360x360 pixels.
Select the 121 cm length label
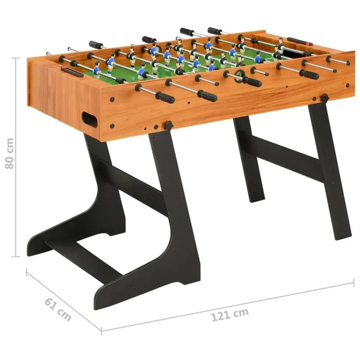[x=229, y=314]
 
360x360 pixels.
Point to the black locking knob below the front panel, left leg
[x=168, y=125]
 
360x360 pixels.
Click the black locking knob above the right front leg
[x=325, y=98]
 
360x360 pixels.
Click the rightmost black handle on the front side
[x=310, y=74]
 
